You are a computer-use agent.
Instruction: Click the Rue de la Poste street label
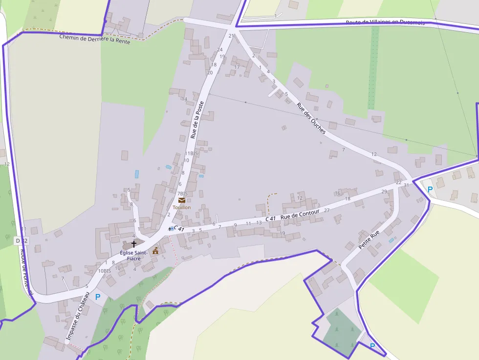tap(197, 120)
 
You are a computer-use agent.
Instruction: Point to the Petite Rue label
tap(369, 240)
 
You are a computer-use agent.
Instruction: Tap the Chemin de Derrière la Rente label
tap(95, 39)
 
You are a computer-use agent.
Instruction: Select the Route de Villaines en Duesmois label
tap(385, 22)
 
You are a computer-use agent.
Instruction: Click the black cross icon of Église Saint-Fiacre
tap(134, 243)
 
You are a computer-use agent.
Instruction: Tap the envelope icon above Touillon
tap(182, 200)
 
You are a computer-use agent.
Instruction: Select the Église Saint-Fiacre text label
tap(133, 255)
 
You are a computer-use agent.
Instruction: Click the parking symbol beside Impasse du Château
tap(98, 296)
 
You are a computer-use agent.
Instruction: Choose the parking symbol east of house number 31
tap(430, 190)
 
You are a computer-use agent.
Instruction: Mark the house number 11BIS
tap(191, 153)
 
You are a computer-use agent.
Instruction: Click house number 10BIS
tap(105, 271)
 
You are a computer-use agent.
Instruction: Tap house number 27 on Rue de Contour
tap(327, 211)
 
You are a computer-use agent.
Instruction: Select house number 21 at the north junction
tap(231, 36)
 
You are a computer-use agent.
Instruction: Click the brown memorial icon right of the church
tap(155, 251)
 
